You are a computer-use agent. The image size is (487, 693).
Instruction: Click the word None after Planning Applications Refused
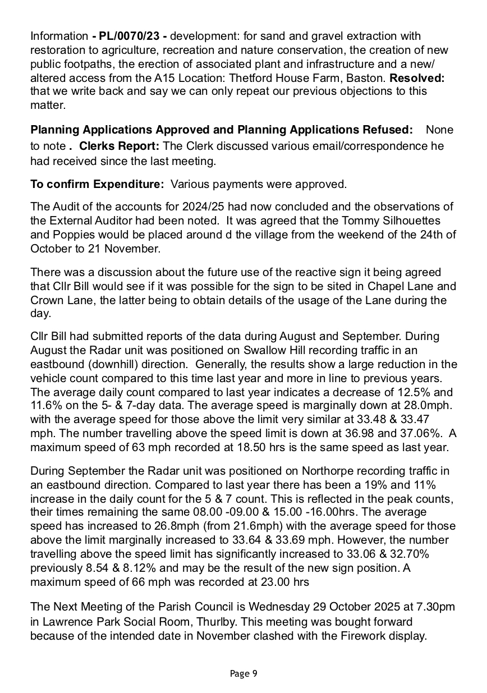(x=439, y=130)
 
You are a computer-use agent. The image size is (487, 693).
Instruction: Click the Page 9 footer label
(x=244, y=673)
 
